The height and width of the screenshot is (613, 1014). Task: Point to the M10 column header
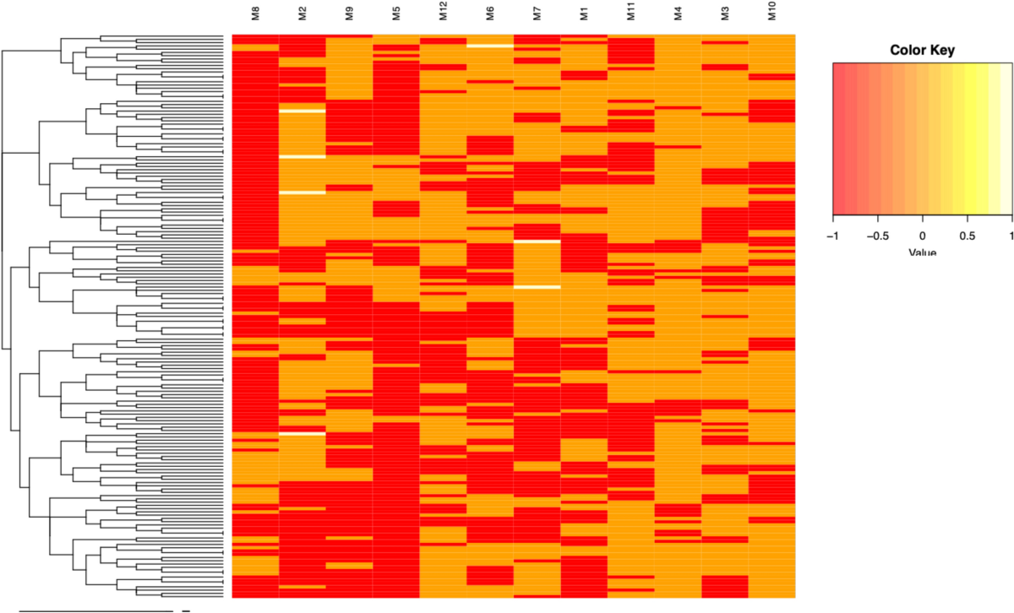pyautogui.click(x=771, y=17)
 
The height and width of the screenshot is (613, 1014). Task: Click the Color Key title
pyautogui.click(x=923, y=50)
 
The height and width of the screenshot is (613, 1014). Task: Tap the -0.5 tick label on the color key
pyautogui.click(x=877, y=235)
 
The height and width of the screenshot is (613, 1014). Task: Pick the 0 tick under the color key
pyautogui.click(x=923, y=235)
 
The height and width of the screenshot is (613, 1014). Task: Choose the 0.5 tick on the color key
pyautogui.click(x=968, y=235)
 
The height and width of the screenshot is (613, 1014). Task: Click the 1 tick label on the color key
pyautogui.click(x=1011, y=235)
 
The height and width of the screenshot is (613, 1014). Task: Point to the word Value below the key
pyautogui.click(x=923, y=252)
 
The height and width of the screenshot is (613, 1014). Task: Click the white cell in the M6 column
pyautogui.click(x=490, y=46)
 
